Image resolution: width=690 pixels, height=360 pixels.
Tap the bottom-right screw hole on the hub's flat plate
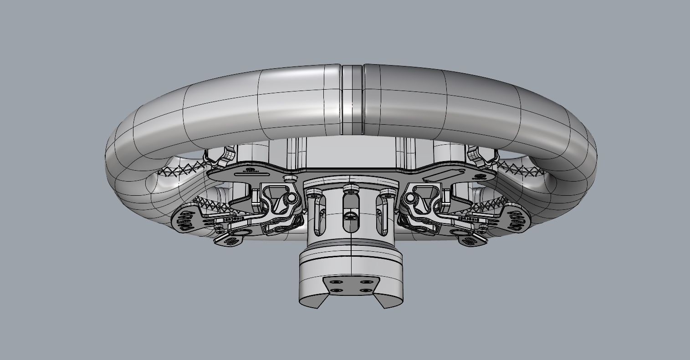tap(364, 290)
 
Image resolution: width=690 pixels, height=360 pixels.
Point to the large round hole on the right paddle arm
tap(456, 232)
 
